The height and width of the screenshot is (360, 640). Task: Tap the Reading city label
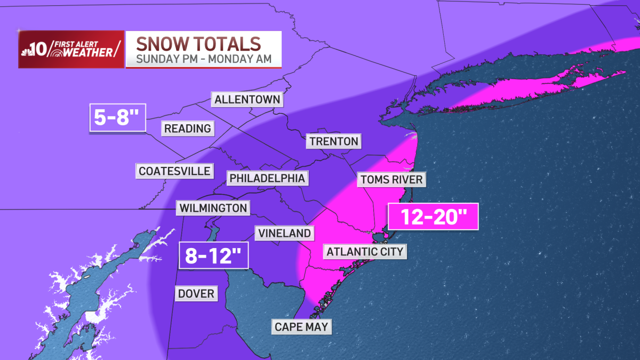point(187,129)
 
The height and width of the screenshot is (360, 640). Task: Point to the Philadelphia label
point(267,178)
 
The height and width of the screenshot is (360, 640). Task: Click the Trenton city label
point(332,141)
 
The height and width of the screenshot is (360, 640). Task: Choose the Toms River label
point(391,179)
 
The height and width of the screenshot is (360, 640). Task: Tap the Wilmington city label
point(213,208)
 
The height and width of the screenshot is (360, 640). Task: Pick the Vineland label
point(283,233)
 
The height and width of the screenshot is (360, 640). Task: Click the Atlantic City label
point(365,251)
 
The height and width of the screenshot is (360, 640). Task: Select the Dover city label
point(196,293)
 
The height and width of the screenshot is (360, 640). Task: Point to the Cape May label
point(301,326)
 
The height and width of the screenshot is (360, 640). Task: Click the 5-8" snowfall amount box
point(117,118)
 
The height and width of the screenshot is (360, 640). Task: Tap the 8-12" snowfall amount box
point(214,256)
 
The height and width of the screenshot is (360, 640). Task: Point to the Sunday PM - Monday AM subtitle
point(204,59)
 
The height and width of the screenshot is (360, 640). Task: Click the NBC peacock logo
point(27,51)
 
